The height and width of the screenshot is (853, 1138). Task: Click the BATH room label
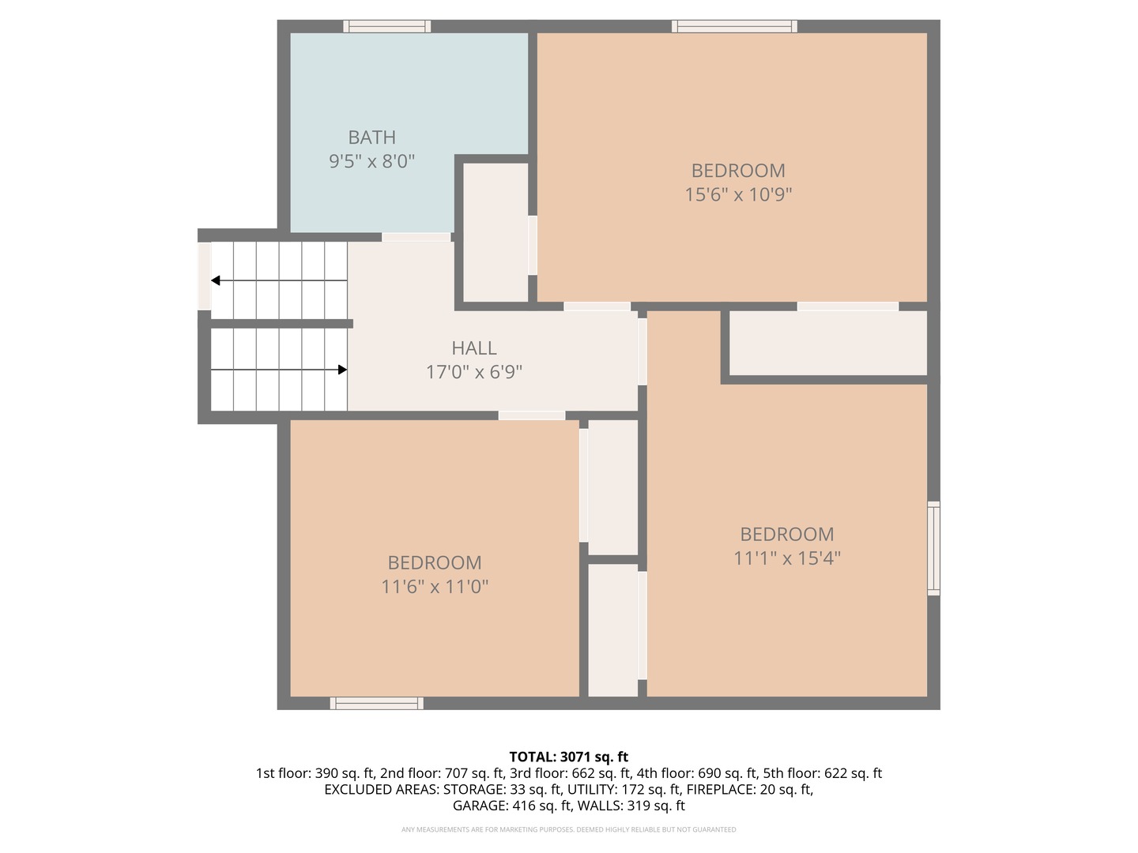click(371, 137)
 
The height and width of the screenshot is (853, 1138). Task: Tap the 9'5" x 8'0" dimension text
click(371, 161)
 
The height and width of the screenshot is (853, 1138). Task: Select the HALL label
click(474, 348)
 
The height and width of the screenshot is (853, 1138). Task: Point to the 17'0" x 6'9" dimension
click(474, 372)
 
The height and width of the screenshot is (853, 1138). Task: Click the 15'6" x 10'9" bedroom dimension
click(738, 194)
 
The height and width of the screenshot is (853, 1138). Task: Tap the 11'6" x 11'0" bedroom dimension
click(435, 587)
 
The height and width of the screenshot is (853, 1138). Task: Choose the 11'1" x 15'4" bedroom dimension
click(787, 558)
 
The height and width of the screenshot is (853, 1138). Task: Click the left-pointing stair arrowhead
click(216, 280)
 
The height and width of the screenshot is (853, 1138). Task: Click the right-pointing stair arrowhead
click(342, 370)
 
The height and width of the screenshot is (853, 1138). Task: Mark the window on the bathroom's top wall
click(387, 27)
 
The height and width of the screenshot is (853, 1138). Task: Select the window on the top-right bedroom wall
click(734, 27)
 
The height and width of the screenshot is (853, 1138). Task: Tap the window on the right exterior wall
click(933, 548)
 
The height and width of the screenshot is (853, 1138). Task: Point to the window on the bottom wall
click(376, 703)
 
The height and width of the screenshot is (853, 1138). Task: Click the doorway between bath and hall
click(416, 237)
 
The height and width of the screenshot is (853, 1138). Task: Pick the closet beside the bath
click(496, 232)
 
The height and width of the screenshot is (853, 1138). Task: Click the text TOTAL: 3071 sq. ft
click(568, 757)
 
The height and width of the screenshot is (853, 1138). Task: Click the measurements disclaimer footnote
click(568, 829)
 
